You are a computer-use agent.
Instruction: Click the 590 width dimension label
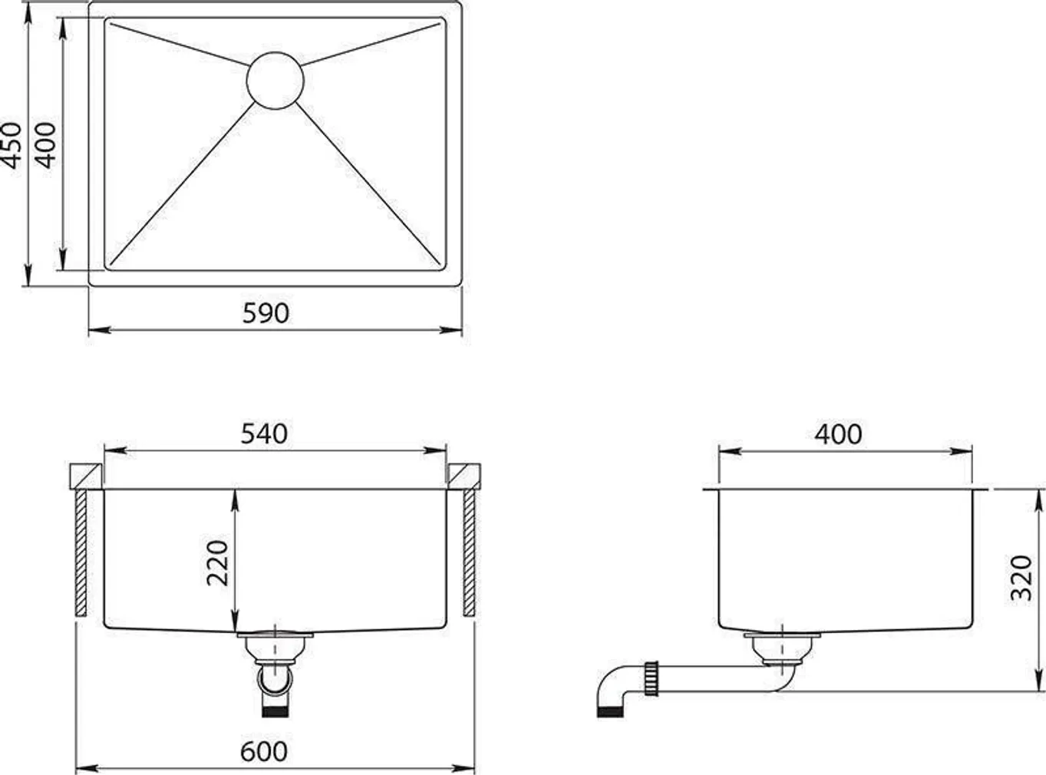click(x=266, y=313)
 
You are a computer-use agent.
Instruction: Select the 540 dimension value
click(x=264, y=434)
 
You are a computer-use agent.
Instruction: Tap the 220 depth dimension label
click(x=219, y=562)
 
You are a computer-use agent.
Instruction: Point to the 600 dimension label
click(x=264, y=751)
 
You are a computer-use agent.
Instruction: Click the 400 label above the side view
click(x=838, y=434)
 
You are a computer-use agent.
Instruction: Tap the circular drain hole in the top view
click(x=276, y=81)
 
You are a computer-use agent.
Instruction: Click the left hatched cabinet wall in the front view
click(x=81, y=553)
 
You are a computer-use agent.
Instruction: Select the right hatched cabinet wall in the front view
click(x=469, y=553)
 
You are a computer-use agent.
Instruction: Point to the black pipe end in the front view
click(x=275, y=711)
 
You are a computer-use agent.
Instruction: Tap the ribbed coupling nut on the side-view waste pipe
click(x=654, y=678)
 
